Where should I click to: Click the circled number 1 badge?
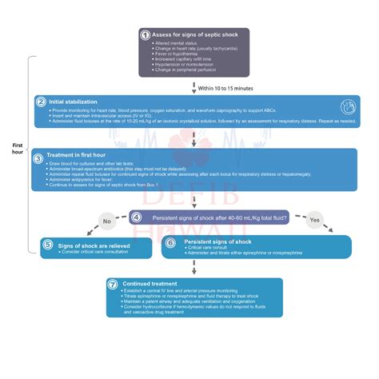tap(145, 35)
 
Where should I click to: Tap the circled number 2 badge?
tap(41, 102)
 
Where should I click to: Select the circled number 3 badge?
tap(38, 158)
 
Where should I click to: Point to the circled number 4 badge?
tap(137, 217)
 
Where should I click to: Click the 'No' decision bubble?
tap(106, 221)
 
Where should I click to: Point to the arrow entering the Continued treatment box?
tap(193, 269)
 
